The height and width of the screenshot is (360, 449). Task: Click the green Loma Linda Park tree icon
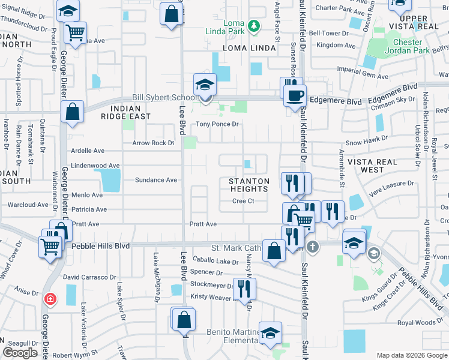254,25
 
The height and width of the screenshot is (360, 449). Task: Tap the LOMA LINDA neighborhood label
248,47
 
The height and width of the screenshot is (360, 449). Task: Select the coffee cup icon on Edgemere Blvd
295,96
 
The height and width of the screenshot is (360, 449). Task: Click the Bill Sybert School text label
164,97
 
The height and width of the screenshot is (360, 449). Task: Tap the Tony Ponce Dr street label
218,124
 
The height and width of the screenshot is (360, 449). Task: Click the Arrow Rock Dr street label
153,143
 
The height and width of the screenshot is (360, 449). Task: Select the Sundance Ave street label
156,179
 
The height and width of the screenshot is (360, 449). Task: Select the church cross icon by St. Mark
312,247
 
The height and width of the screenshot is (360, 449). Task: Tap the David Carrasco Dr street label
89,277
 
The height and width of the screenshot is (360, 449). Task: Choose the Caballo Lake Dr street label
215,261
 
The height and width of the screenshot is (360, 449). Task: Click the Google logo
20,353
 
